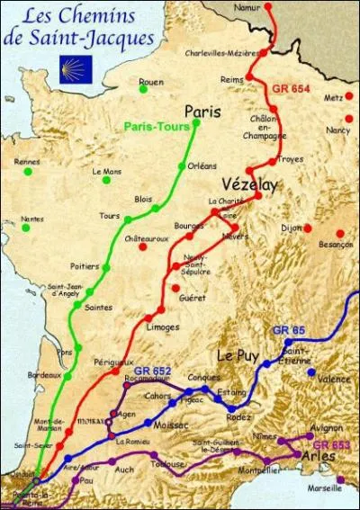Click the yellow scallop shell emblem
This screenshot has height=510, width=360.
point(76,68)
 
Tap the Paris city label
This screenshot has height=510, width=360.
point(202,111)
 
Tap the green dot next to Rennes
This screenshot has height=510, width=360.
point(28,171)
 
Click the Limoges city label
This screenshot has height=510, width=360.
point(163,327)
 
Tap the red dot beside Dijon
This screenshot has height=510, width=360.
point(308,228)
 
